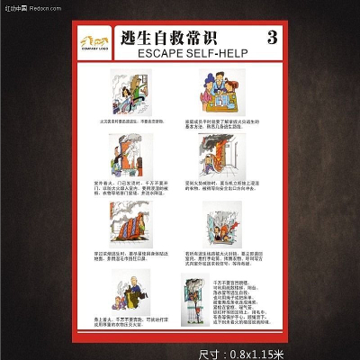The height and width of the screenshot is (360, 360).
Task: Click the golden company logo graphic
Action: click(94, 40)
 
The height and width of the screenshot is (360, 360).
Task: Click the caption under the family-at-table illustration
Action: click(222, 123)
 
